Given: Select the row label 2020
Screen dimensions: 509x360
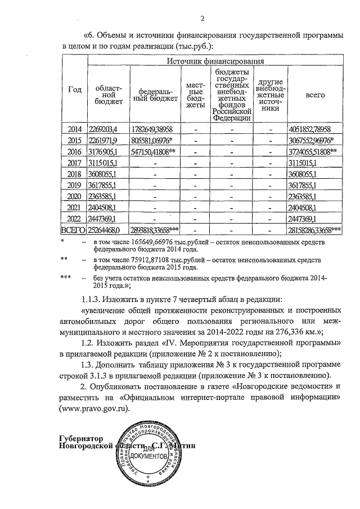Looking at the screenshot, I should click(74, 196).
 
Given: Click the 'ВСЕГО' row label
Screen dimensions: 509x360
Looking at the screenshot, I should click(73, 230).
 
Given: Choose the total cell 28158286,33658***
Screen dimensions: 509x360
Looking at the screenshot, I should click(315, 230).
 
